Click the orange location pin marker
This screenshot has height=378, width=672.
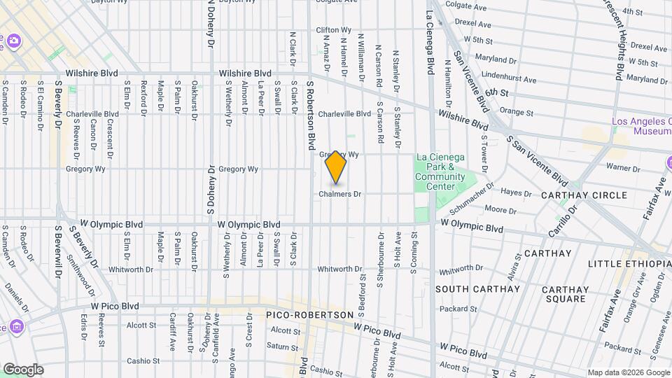[x=336, y=167]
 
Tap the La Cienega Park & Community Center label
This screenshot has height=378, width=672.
[x=440, y=171]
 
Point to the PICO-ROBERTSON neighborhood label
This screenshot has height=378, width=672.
[x=310, y=316]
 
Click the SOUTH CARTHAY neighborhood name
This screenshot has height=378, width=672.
[x=477, y=288]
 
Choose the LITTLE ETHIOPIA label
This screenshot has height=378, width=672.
[x=629, y=263]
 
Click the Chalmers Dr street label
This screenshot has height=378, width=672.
[x=339, y=194]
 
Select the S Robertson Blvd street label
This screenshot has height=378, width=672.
[x=309, y=114]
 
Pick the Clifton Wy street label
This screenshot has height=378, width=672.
[x=332, y=30]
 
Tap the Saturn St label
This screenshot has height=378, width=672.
[x=282, y=346]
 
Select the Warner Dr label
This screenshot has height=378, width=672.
[x=619, y=167]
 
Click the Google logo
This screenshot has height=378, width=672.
[x=22, y=370]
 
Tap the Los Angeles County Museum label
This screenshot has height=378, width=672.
[x=641, y=126]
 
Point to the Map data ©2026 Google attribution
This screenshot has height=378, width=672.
[x=628, y=372]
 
